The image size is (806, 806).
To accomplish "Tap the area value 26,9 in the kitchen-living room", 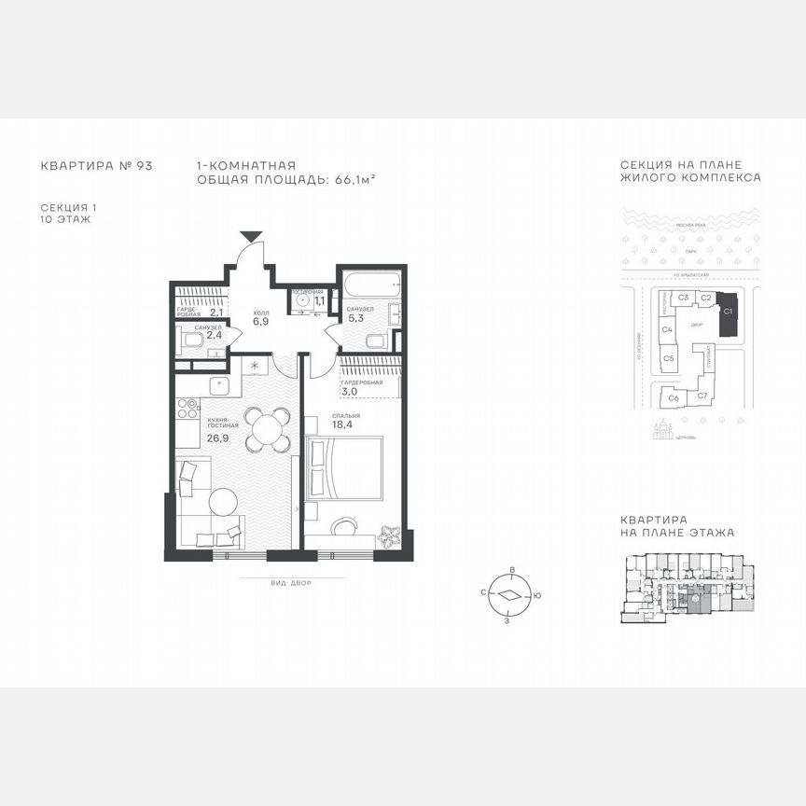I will (x=218, y=437).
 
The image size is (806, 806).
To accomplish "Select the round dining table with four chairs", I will (x=267, y=429).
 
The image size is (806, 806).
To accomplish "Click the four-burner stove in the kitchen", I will (x=187, y=408).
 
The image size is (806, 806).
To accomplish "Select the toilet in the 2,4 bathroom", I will (x=193, y=340).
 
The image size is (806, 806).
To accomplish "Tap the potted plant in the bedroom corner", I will (x=390, y=536).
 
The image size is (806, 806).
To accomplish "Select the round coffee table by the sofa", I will (x=224, y=502).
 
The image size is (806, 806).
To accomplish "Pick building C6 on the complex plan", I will (x=673, y=398).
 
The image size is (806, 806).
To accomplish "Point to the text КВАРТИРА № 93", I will (x=96, y=167).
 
